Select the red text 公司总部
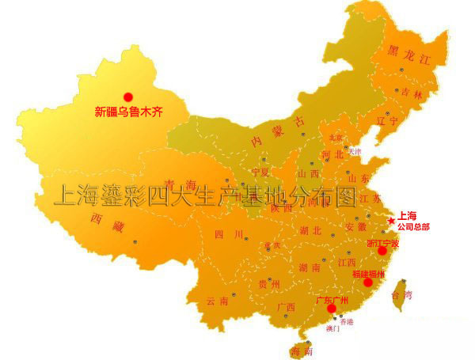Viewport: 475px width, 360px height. click(413, 226)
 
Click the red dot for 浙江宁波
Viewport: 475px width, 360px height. click(382, 250)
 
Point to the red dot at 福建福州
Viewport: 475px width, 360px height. click(367, 282)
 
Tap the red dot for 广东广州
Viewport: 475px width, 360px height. click(332, 309)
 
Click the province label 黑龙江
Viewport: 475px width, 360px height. click(408, 55)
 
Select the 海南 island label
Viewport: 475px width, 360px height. click(301, 350)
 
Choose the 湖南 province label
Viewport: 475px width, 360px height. click(310, 268)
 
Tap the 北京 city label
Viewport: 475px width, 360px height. click(336, 137)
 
